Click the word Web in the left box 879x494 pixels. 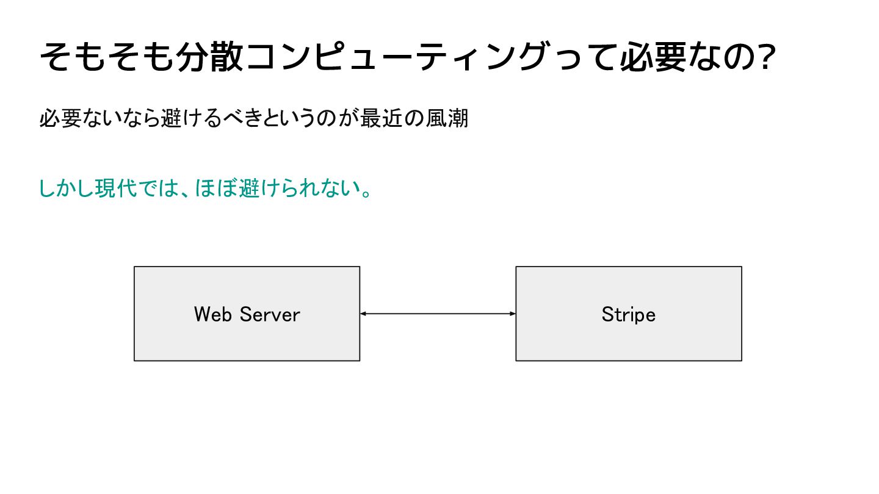(x=212, y=315)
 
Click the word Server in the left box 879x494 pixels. (x=270, y=315)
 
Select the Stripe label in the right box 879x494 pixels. (x=629, y=315)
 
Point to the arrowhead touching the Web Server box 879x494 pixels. (x=363, y=313)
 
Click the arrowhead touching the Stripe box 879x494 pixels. (x=513, y=313)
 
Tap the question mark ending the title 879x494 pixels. (x=767, y=57)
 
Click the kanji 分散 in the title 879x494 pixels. (x=209, y=57)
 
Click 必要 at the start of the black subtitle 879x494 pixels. (x=60, y=118)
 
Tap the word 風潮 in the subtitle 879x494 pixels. (x=447, y=118)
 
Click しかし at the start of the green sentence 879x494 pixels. (x=67, y=188)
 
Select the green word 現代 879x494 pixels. (x=116, y=188)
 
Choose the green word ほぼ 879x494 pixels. (x=215, y=188)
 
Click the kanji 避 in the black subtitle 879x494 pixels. (x=171, y=118)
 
